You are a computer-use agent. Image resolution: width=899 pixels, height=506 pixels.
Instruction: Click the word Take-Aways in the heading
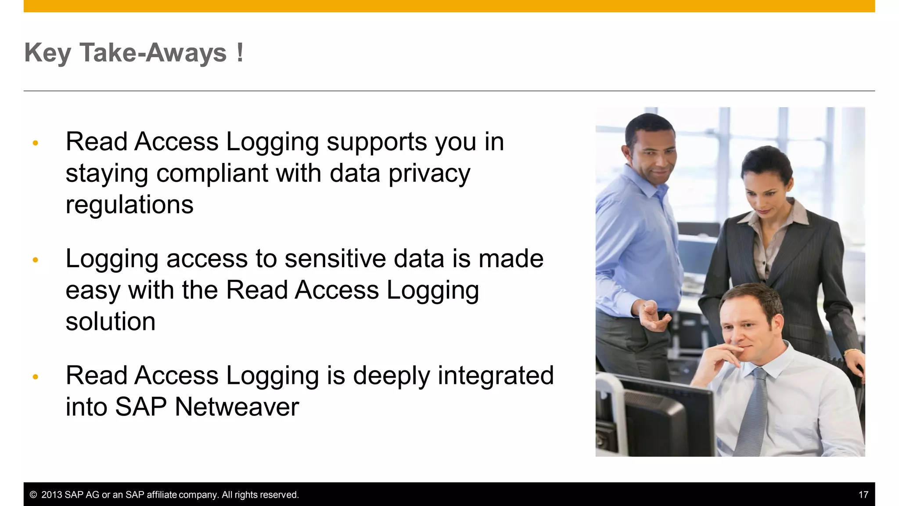tap(153, 53)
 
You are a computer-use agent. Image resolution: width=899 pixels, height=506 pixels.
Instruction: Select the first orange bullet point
tap(36, 143)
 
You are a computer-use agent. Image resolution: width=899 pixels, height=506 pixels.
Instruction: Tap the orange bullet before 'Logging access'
tap(36, 260)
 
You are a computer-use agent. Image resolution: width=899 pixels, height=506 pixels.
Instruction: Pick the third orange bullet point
tap(36, 376)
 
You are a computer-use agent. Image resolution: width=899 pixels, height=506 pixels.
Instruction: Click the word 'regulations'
tap(129, 205)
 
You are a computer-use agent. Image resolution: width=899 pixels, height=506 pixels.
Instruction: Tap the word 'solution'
tap(111, 322)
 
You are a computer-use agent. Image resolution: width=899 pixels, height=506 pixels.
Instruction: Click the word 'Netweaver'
tap(237, 407)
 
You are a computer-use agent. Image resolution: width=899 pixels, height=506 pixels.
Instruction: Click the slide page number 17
tap(863, 495)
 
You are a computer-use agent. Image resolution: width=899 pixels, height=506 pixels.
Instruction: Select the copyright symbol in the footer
tap(33, 495)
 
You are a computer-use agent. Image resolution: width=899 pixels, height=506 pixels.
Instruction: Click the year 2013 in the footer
tap(51, 495)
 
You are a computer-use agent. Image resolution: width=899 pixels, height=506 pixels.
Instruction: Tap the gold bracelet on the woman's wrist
tap(852, 351)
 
